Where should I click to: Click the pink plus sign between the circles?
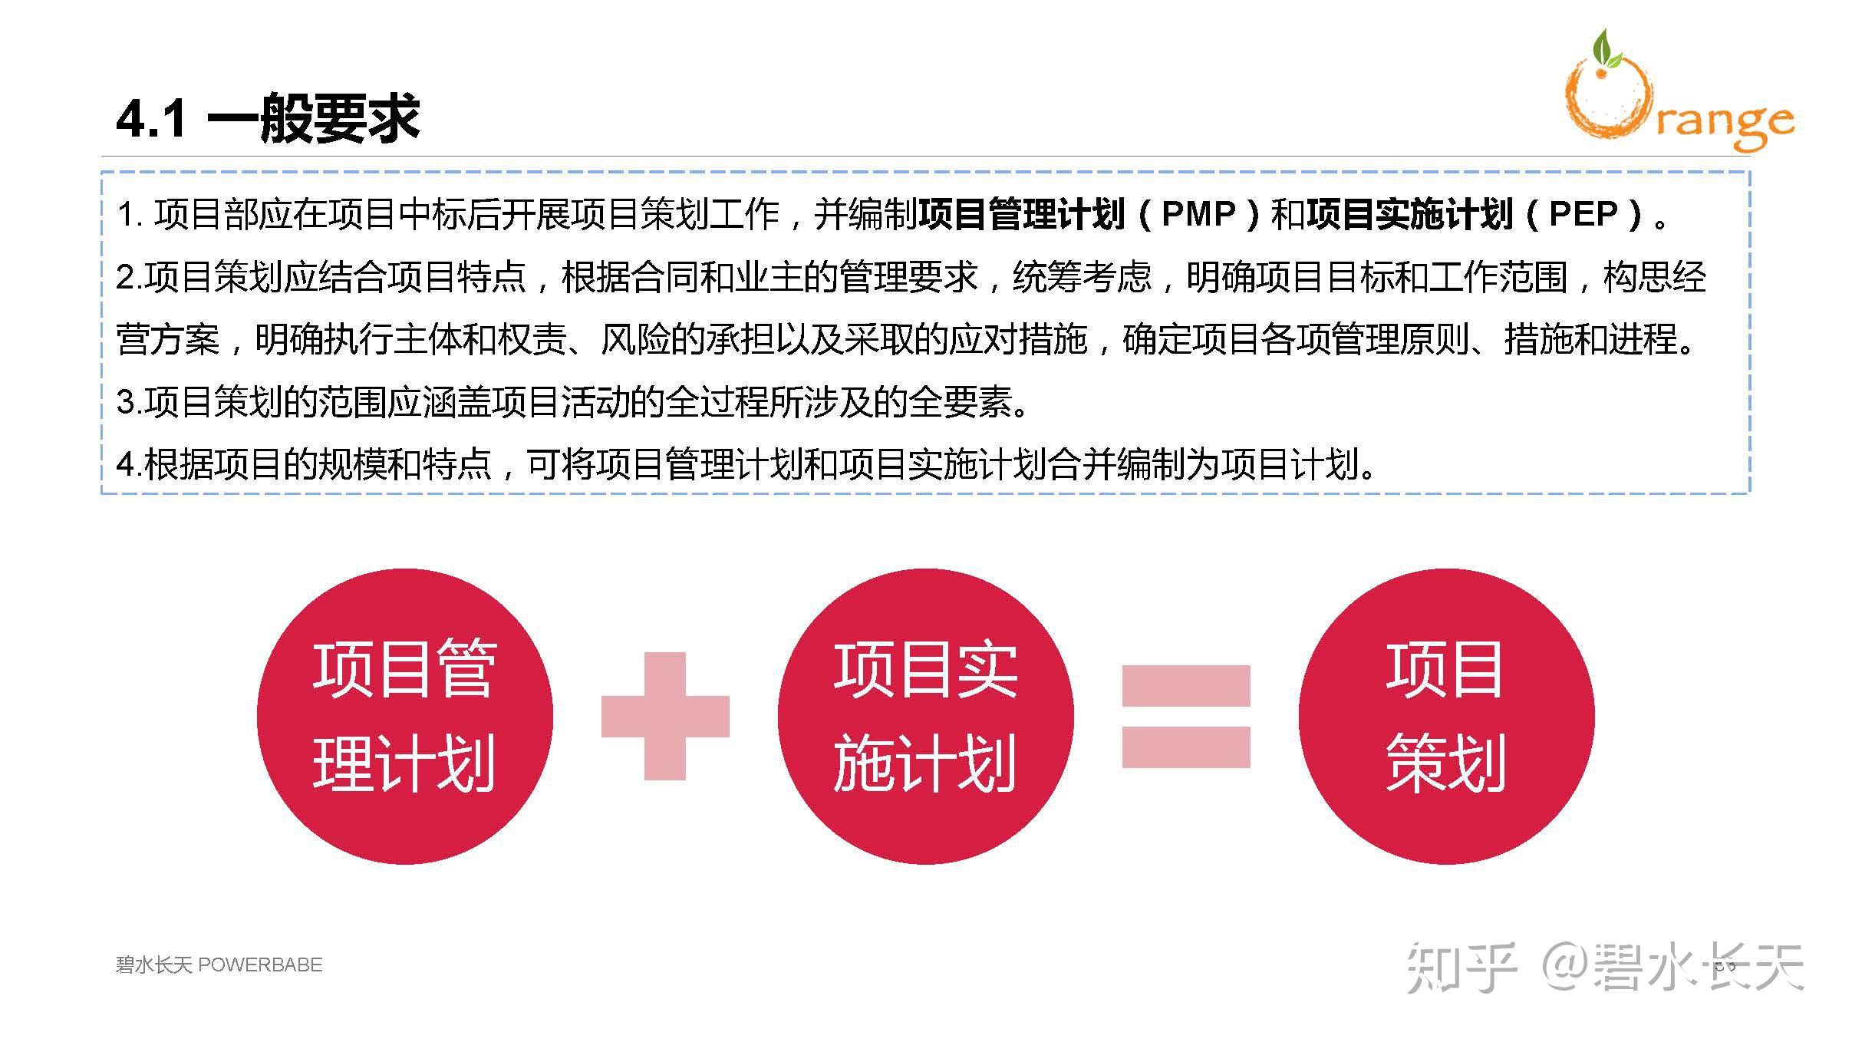(x=664, y=716)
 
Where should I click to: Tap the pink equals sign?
(x=1186, y=716)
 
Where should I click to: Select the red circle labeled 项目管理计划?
(x=404, y=716)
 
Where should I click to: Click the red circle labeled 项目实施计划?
(x=925, y=716)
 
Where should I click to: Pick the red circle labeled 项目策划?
(x=1446, y=716)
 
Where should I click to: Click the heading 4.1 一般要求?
(x=268, y=119)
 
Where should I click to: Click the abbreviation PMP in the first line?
(x=1198, y=214)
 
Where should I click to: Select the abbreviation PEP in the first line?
(x=1583, y=214)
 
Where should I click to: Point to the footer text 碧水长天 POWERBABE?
(x=219, y=965)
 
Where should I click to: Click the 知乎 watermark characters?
(x=1461, y=968)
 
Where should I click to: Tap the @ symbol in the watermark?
(x=1565, y=968)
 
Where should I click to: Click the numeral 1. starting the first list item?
(x=129, y=215)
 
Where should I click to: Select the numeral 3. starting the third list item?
(x=127, y=402)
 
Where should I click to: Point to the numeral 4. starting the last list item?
(x=127, y=464)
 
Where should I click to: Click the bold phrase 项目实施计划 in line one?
(x=1409, y=214)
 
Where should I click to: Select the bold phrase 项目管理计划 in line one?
(x=1022, y=214)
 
